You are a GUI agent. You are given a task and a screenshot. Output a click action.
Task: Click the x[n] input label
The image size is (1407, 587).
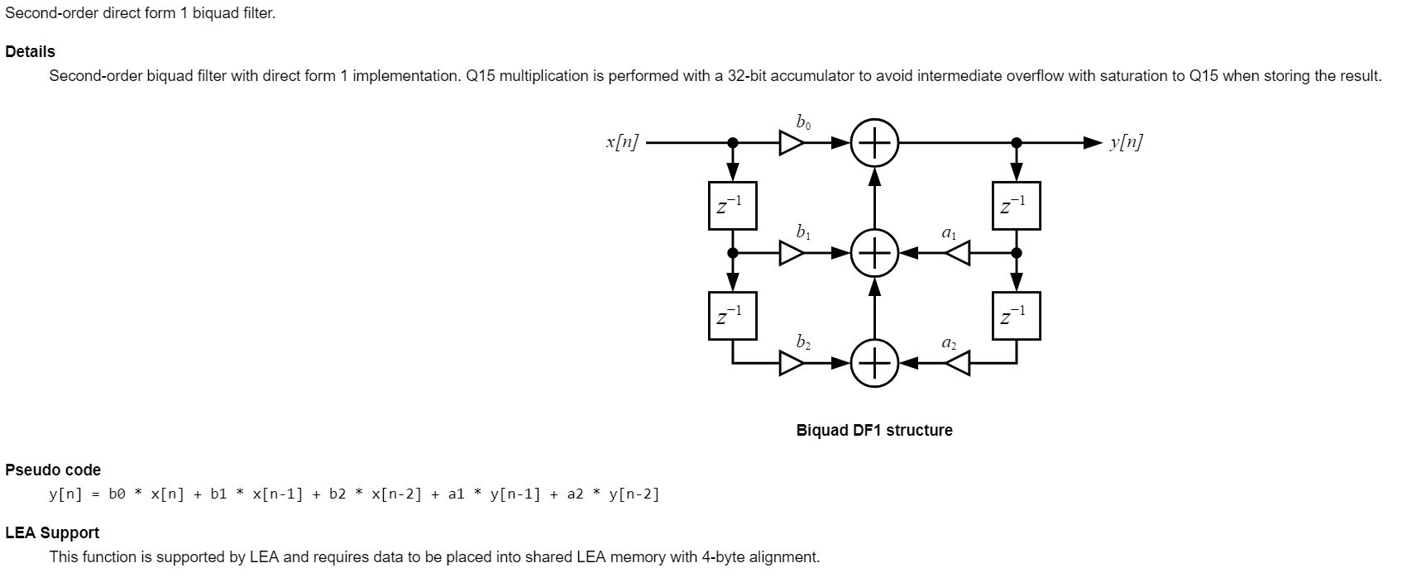pyautogui.click(x=622, y=142)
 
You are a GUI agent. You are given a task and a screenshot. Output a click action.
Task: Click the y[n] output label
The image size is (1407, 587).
pyautogui.click(x=1127, y=142)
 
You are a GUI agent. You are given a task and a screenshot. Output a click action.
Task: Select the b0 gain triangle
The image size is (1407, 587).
pyautogui.click(x=791, y=143)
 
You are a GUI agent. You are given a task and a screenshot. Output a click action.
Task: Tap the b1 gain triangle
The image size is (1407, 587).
pyautogui.click(x=791, y=253)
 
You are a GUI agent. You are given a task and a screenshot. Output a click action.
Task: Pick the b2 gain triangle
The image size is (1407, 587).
pyautogui.click(x=791, y=363)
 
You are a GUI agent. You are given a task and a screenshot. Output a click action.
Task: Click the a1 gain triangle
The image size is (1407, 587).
pyautogui.click(x=958, y=253)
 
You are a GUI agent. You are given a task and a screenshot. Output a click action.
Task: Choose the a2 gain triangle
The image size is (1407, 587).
pyautogui.click(x=958, y=363)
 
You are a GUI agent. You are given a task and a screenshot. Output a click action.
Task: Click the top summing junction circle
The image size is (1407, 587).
pyautogui.click(x=874, y=143)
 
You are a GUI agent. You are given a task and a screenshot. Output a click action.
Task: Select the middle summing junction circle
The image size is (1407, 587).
pyautogui.click(x=874, y=253)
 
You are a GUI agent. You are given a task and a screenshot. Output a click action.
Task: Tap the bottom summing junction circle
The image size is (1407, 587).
pyautogui.click(x=874, y=363)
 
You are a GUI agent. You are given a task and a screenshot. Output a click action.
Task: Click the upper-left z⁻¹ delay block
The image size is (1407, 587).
pyautogui.click(x=733, y=206)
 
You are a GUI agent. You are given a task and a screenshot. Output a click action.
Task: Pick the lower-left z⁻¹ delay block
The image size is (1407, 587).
pyautogui.click(x=733, y=316)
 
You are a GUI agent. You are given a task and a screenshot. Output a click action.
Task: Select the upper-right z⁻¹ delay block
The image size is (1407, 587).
pyautogui.click(x=1017, y=206)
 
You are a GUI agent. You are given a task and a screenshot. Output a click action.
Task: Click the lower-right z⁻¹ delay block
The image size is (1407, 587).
pyautogui.click(x=1017, y=316)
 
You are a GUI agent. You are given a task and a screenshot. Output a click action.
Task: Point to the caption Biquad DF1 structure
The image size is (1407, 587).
pyautogui.click(x=874, y=430)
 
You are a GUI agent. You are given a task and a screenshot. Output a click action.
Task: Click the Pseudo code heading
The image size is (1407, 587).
pyautogui.click(x=53, y=470)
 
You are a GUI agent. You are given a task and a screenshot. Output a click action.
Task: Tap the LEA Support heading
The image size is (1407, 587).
pyautogui.click(x=52, y=532)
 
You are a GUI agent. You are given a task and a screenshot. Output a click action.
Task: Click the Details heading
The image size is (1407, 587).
pyautogui.click(x=30, y=51)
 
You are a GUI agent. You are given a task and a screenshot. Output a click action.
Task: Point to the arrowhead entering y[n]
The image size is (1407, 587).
pyautogui.click(x=1094, y=143)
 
